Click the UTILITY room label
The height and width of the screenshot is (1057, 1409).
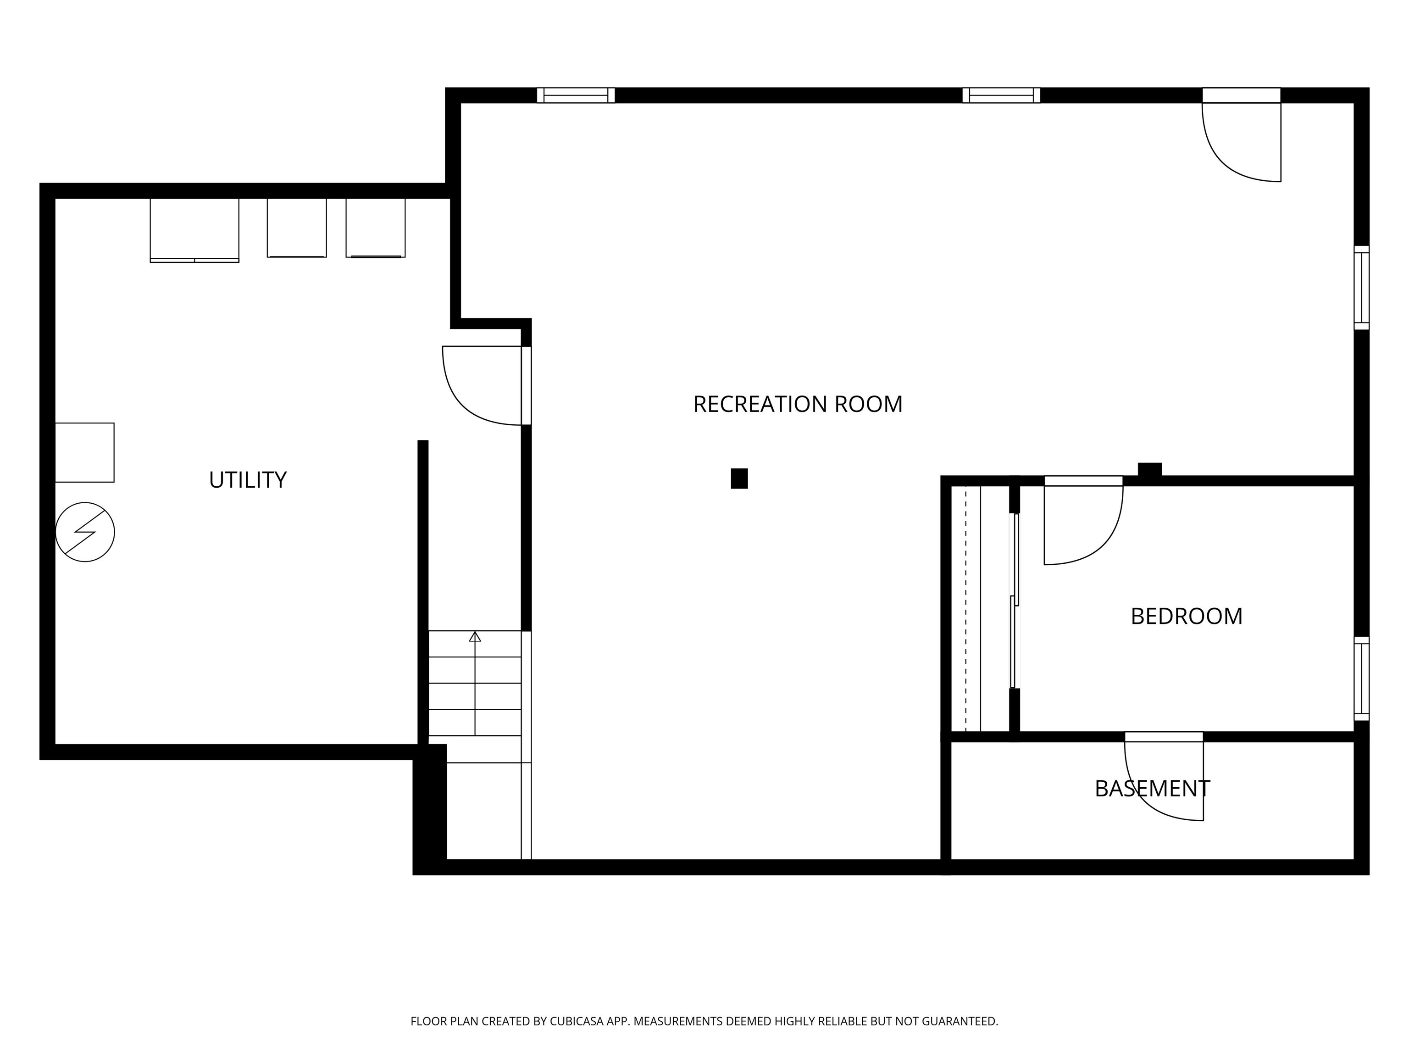248,480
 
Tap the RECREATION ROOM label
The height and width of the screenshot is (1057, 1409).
798,404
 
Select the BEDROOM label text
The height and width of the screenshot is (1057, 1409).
1186,616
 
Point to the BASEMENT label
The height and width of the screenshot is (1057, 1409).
1152,789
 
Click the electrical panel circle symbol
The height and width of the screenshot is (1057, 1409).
85,532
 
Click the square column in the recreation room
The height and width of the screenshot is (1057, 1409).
739,478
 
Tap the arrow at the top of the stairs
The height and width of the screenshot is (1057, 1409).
475,636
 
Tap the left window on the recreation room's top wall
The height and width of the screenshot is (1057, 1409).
575,95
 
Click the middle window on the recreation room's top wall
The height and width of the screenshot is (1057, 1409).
1001,95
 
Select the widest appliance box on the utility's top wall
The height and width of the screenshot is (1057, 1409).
194,229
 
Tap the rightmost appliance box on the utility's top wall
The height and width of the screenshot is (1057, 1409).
375,228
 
